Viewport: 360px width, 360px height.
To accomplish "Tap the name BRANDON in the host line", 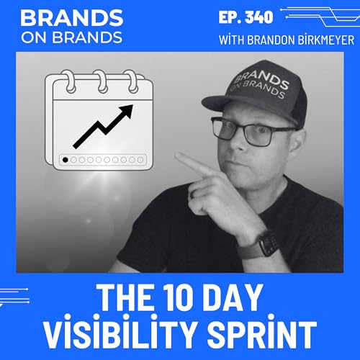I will pos(261,40).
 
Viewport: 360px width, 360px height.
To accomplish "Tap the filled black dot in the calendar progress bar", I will pos(66,159).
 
